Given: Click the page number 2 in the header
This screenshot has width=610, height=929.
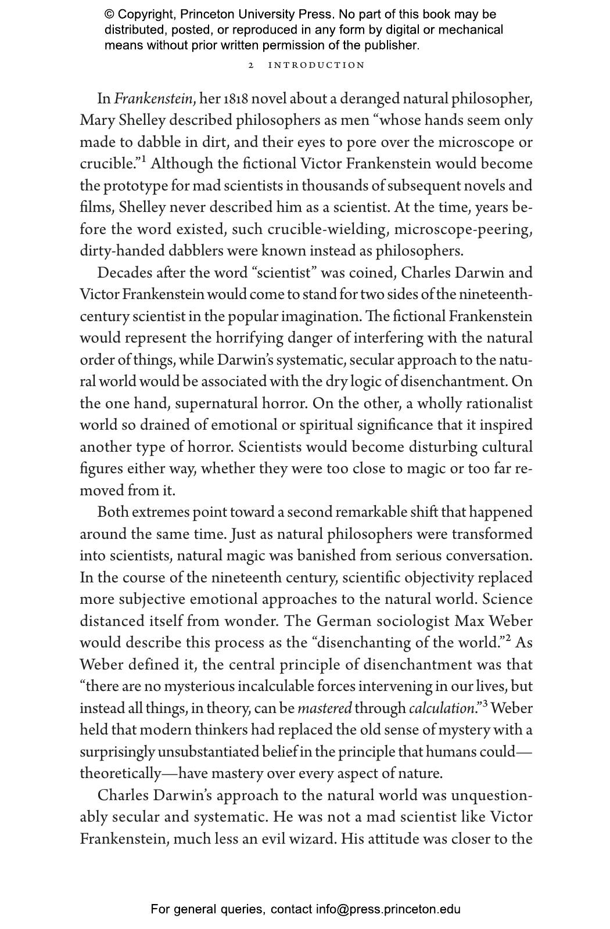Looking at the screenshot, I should (251, 65).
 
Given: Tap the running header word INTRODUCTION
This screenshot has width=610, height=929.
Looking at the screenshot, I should (317, 65).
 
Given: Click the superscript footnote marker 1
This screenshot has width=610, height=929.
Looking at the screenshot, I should (143, 160).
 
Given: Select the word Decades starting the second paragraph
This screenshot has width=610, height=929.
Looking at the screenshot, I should (121, 273).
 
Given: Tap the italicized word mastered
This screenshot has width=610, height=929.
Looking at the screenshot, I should (324, 709).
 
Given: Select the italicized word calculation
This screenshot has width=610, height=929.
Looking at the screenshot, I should (442, 709).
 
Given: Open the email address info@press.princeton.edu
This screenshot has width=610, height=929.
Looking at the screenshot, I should (388, 909).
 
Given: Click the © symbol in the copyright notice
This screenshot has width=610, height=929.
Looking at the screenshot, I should (110, 15).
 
